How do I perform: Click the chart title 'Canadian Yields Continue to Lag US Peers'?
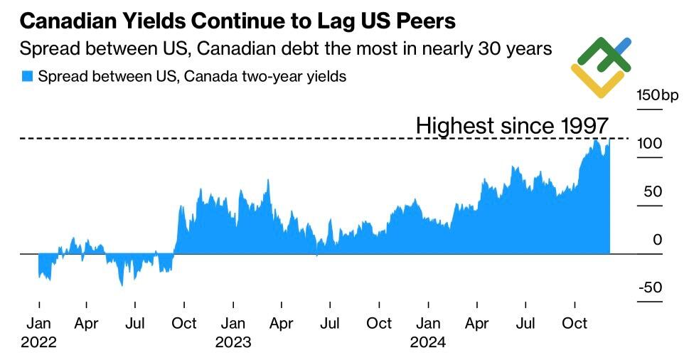pyautogui.click(x=237, y=21)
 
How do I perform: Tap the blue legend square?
pyautogui.click(x=27, y=76)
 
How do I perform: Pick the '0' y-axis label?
pyautogui.click(x=657, y=240)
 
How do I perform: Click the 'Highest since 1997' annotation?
pyautogui.click(x=512, y=126)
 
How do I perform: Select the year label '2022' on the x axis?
pyautogui.click(x=38, y=342)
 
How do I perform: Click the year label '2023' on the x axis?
pyautogui.click(x=233, y=342)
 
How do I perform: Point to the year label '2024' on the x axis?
pyautogui.click(x=428, y=342)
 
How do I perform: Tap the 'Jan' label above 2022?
pyautogui.click(x=38, y=324)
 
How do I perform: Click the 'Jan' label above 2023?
pyautogui.click(x=233, y=324)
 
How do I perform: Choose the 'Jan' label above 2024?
pyautogui.click(x=428, y=324)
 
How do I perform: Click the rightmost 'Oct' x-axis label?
pyautogui.click(x=575, y=324)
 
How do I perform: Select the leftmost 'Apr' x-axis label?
pyautogui.click(x=86, y=324)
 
